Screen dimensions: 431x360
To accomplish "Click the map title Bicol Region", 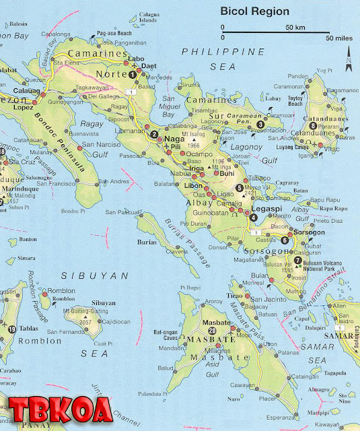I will click(x=254, y=11).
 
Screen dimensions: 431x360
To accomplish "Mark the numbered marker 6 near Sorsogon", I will click(x=284, y=240).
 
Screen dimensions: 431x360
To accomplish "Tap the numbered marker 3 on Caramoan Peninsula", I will click(x=260, y=124).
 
